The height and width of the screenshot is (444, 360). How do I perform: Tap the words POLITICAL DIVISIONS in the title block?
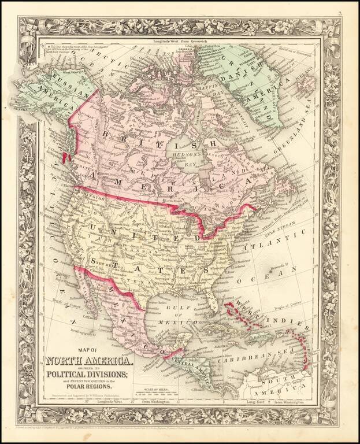[x=89, y=375]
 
